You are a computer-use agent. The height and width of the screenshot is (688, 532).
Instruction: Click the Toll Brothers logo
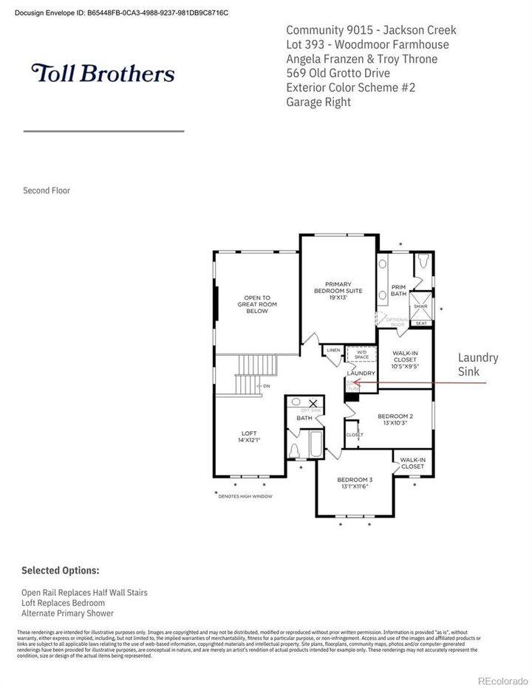pyautogui.click(x=103, y=73)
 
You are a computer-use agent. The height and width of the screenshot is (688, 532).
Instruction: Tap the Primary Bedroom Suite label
pyautogui.click(x=338, y=290)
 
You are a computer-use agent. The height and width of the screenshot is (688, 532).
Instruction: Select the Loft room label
pyautogui.click(x=249, y=436)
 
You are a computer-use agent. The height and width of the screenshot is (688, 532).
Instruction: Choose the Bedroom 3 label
pyautogui.click(x=354, y=483)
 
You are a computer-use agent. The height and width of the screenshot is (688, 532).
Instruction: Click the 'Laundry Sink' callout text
pyautogui.click(x=478, y=365)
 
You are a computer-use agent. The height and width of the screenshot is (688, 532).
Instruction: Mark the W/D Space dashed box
pyautogui.click(x=361, y=355)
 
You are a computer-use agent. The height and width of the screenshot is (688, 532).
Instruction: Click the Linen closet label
pyautogui.click(x=333, y=350)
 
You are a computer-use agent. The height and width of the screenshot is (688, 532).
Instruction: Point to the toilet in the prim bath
pyautogui.click(x=423, y=262)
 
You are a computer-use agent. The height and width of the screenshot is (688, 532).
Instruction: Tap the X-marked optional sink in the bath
pyautogui.click(x=313, y=403)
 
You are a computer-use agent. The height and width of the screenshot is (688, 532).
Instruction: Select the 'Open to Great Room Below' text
pyautogui.click(x=252, y=305)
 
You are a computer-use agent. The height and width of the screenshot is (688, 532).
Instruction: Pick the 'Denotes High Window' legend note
pyautogui.click(x=245, y=496)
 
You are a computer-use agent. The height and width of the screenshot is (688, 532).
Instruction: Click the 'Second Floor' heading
pyautogui.click(x=47, y=190)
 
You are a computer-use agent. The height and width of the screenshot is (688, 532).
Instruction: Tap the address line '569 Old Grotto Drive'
pyautogui.click(x=338, y=73)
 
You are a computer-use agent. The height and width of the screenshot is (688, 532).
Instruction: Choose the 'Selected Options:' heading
pyautogui.click(x=60, y=571)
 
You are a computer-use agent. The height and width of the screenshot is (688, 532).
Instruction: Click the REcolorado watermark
pyautogui.click(x=502, y=680)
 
